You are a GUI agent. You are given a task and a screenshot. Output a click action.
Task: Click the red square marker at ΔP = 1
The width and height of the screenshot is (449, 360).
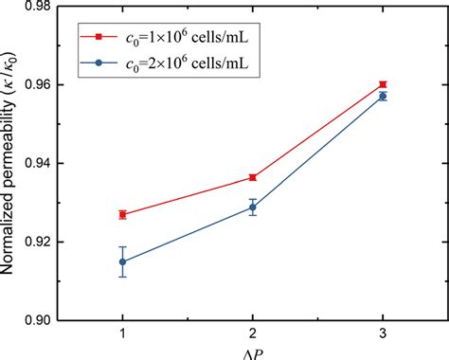pyautogui.click(x=122, y=214)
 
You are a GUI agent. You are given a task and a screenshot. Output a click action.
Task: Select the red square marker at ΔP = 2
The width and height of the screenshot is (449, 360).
pyautogui.click(x=252, y=177)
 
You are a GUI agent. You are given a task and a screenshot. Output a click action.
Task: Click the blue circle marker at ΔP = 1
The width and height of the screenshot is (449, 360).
pyautogui.click(x=122, y=261)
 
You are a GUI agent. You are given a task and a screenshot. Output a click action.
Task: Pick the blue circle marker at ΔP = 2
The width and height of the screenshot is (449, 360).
pyautogui.click(x=252, y=207)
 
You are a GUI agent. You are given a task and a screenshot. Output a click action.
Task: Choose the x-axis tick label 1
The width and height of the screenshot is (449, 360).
pyautogui.click(x=122, y=334)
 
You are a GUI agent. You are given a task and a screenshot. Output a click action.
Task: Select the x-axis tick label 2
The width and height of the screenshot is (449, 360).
pyautogui.click(x=252, y=334)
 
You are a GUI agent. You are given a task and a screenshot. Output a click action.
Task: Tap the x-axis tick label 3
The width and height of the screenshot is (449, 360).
pyautogui.click(x=382, y=334)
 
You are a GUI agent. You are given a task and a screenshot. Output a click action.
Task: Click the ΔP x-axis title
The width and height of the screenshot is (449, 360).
pyautogui.click(x=252, y=353)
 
